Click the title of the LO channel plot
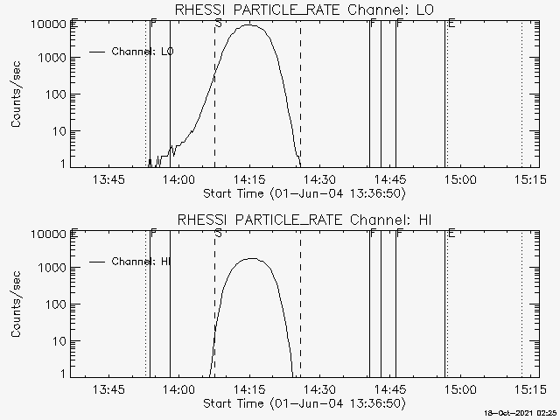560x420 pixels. tap(304, 10)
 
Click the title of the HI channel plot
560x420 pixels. tap(304, 219)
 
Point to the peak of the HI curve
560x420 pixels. tap(251, 258)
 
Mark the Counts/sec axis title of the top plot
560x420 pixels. tap(17, 94)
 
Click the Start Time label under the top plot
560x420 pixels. tap(303, 192)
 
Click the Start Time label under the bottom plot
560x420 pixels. tap(303, 403)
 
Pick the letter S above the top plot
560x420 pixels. tap(218, 23)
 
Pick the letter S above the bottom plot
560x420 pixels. tap(218, 233)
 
